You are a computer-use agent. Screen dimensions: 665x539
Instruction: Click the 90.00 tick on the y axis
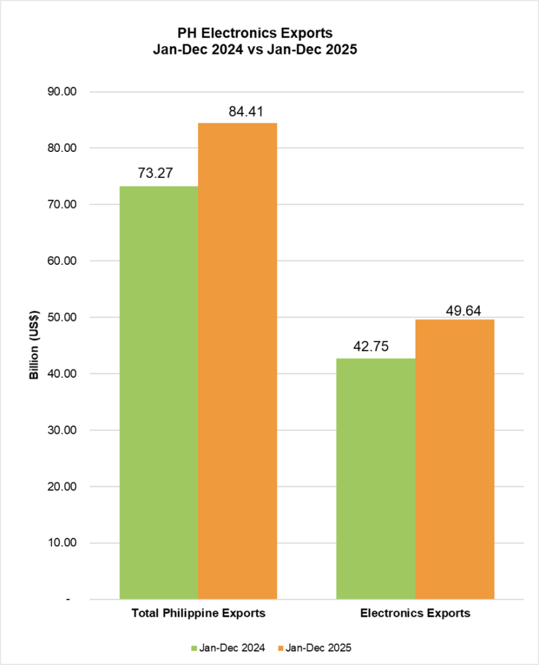(x=63, y=92)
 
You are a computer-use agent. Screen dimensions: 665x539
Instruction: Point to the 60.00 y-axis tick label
(x=63, y=261)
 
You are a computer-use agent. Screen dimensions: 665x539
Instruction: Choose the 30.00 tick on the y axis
(x=63, y=431)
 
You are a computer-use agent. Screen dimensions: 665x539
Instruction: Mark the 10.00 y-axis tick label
(x=63, y=543)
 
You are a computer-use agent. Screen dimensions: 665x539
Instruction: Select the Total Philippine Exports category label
(x=198, y=613)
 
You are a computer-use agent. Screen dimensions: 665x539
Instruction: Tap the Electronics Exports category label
(x=415, y=613)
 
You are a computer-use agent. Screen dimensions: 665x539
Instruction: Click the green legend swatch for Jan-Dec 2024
(x=194, y=647)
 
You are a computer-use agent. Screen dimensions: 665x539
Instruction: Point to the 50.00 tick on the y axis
(x=63, y=318)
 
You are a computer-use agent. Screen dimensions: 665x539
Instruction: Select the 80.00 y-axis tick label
(x=63, y=148)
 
